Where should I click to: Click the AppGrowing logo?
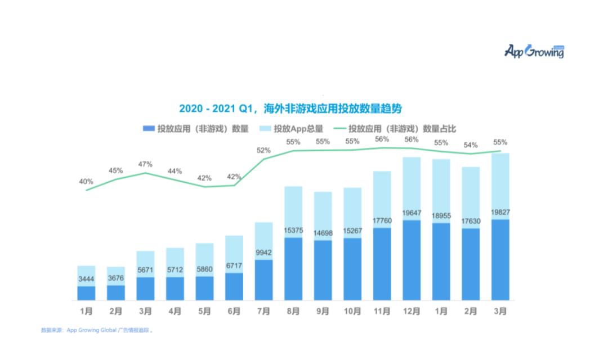[x=534, y=52]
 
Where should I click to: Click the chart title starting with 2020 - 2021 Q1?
[x=291, y=108]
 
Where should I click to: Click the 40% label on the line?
[x=86, y=182]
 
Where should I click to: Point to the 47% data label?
[x=145, y=164]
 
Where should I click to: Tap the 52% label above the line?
[x=263, y=150]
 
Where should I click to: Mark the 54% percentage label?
[x=470, y=145]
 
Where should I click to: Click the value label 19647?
[x=411, y=213]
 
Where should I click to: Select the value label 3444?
[x=86, y=279]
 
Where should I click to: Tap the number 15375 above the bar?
[x=293, y=230]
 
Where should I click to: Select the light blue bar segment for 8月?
[x=293, y=211]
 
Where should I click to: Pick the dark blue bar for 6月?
[x=234, y=286]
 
